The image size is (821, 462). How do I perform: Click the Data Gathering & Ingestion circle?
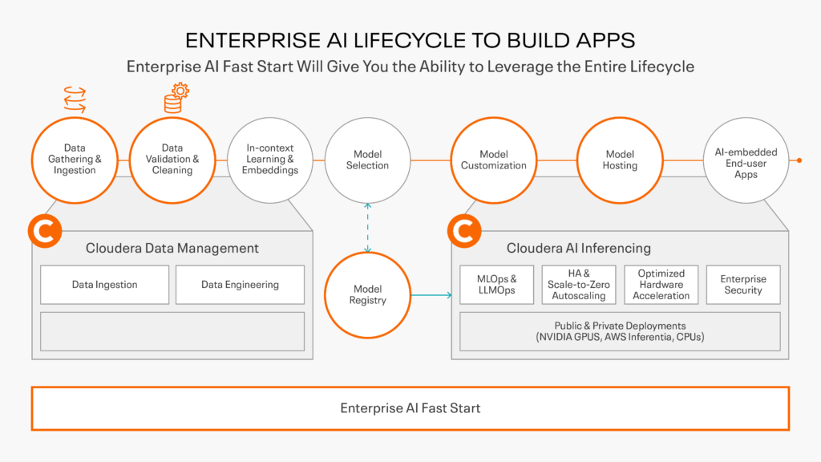click(75, 160)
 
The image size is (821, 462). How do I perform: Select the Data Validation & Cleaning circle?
click(172, 160)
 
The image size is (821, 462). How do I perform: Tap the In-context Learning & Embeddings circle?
click(271, 160)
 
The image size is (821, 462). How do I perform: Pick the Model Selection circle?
click(367, 160)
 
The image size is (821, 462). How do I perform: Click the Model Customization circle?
click(493, 160)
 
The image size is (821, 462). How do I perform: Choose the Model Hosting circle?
click(620, 160)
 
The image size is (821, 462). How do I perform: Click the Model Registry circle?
click(367, 294)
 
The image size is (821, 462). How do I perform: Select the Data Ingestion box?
click(104, 285)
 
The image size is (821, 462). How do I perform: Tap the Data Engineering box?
click(240, 285)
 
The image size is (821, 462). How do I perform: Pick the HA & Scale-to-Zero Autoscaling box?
click(579, 285)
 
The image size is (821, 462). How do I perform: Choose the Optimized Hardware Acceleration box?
click(661, 285)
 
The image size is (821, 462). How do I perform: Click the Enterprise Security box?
click(743, 285)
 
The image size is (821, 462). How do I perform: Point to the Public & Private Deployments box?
click(620, 331)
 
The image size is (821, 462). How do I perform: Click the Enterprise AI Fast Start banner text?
click(410, 408)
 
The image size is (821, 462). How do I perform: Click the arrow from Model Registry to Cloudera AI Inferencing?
click(431, 295)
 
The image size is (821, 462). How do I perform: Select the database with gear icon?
click(176, 99)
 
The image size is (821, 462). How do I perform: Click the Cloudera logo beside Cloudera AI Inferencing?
click(463, 232)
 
